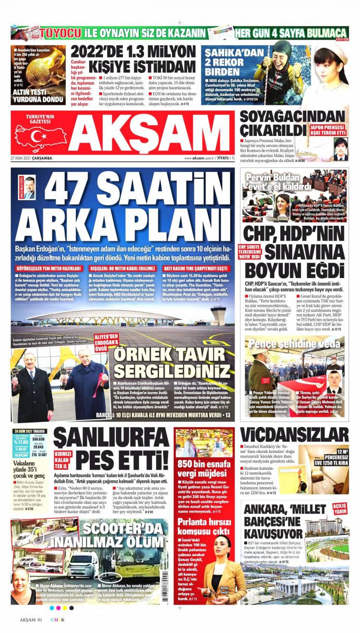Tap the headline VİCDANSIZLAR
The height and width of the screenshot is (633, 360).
tap(294, 435)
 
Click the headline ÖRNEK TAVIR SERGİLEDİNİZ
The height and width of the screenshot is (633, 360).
tap(170, 363)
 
